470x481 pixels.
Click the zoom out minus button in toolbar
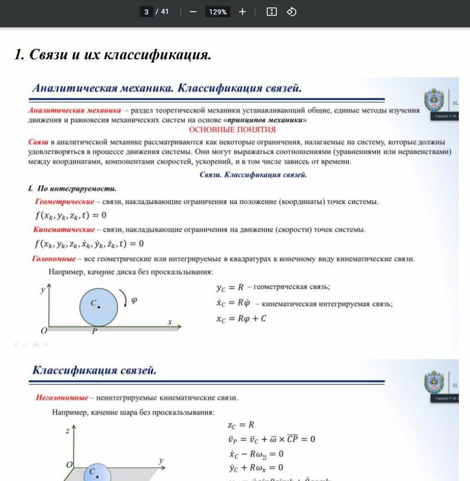193,12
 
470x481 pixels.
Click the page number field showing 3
147,12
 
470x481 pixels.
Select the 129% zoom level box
218,12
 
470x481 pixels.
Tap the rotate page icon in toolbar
292,12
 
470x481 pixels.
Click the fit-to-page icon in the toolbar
271,12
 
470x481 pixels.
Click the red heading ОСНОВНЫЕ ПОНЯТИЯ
232,130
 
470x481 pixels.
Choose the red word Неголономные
62,397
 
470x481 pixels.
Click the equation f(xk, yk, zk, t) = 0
70,215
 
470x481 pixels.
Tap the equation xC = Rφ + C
241,319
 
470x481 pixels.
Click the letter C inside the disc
94,303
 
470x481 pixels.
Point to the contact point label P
94,331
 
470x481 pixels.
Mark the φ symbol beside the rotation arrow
134,301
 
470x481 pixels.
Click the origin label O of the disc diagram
44,330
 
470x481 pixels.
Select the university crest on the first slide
433,101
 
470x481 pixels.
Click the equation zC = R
241,425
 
